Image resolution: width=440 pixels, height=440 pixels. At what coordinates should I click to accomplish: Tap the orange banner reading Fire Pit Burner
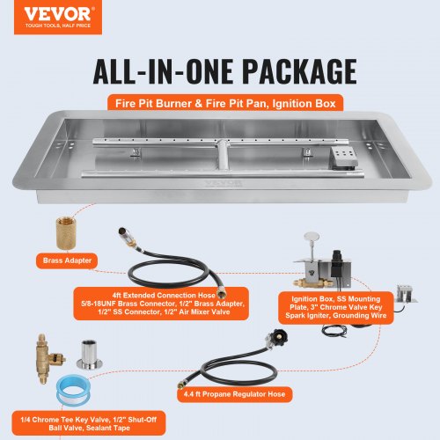click(220, 102)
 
